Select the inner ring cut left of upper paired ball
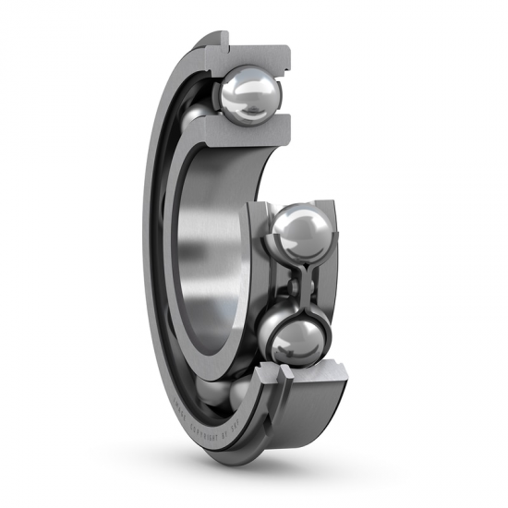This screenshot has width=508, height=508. (x=253, y=231)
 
